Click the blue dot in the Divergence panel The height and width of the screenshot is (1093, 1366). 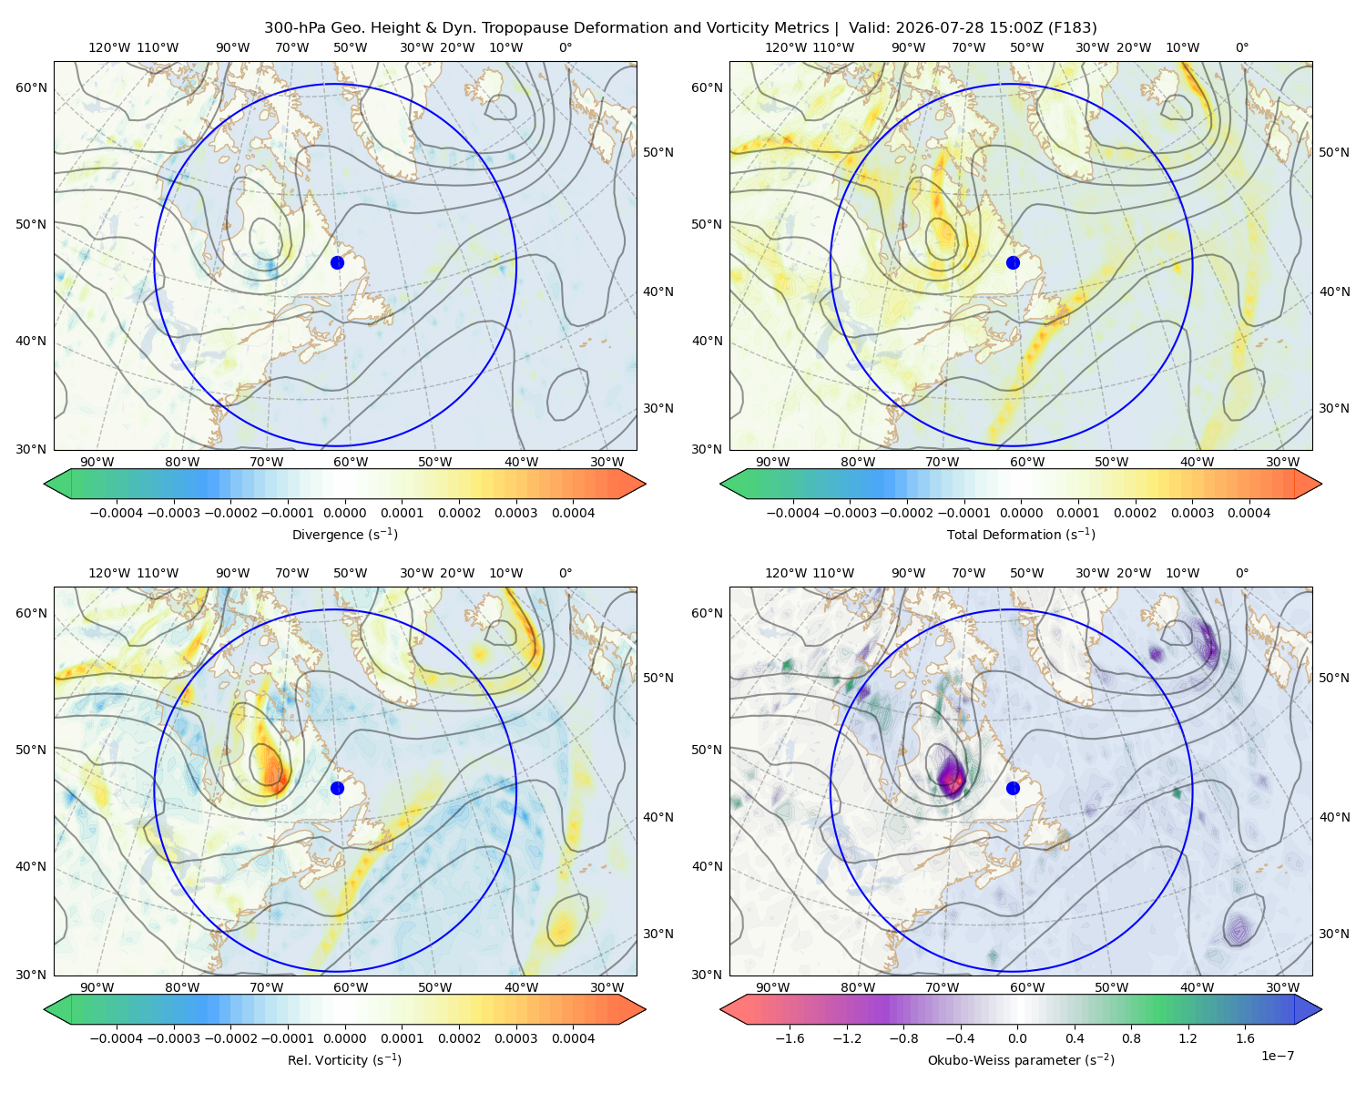coord(337,262)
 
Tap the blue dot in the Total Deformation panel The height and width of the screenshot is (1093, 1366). coord(1013,262)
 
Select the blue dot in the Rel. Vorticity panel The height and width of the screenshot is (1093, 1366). coord(337,788)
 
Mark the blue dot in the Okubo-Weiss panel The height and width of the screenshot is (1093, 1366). coord(1013,788)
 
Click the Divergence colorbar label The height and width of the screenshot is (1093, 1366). coord(344,534)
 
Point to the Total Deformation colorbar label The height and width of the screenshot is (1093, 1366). coord(1021,534)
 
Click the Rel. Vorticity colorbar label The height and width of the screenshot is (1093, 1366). coord(344,1059)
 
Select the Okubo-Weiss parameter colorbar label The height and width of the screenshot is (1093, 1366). coord(1021,1059)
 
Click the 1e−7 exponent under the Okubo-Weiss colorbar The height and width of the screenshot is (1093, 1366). coord(1277,1056)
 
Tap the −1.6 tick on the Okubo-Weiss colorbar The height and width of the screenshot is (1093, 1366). coord(790,1038)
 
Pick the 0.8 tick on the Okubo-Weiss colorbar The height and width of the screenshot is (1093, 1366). coord(1131,1038)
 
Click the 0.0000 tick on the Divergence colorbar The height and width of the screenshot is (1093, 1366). coord(344,513)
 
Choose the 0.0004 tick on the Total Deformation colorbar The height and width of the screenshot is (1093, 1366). coord(1249,513)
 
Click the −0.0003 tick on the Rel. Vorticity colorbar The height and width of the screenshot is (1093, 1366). coord(173,1038)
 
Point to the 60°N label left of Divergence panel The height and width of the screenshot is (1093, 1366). coord(31,87)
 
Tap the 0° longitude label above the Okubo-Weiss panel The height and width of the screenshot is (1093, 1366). coord(1241,573)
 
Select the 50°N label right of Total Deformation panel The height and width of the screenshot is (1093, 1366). coord(1333,152)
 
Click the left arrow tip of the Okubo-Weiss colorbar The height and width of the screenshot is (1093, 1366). coord(721,1009)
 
